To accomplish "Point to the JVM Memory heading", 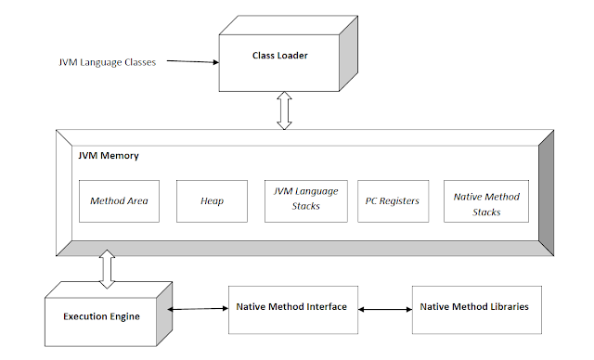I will [108, 156].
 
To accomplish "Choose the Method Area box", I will [120, 200].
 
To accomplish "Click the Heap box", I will [211, 200].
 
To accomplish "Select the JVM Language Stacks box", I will [301, 200].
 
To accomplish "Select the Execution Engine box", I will [103, 316].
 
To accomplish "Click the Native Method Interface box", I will [291, 306].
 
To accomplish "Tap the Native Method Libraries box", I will [476, 306].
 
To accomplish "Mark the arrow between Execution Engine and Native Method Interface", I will [200, 309].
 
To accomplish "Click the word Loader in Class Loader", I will [292, 56].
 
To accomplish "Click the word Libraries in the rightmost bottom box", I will [509, 306].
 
